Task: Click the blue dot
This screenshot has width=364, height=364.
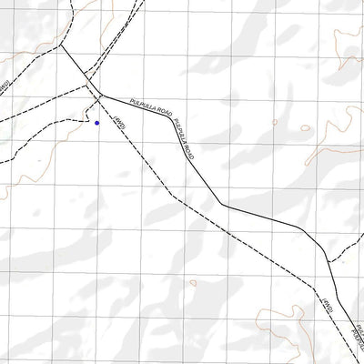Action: point(96,122)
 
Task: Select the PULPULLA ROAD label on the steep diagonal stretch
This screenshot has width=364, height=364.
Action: point(185,137)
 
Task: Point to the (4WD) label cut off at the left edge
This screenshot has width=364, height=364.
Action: point(4,85)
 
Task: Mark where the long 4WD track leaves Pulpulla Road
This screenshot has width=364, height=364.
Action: point(99,94)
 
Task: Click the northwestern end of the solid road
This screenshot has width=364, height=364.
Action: point(60,44)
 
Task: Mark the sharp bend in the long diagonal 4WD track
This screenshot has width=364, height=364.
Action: point(170,195)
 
